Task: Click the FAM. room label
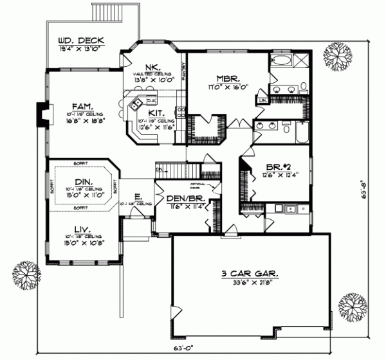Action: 81,107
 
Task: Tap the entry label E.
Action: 137,197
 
